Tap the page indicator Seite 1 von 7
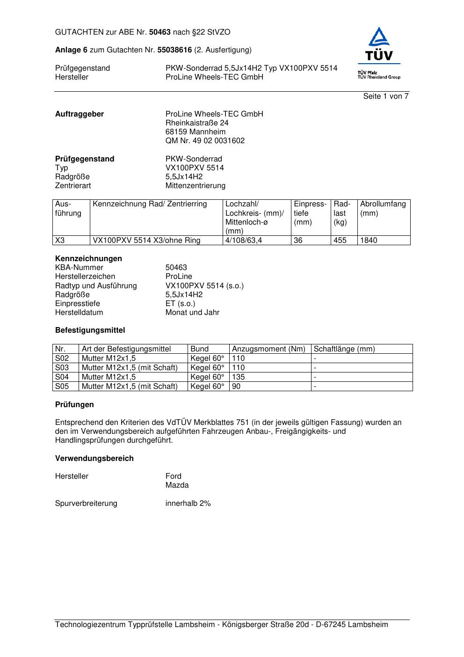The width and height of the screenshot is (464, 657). pyautogui.click(x=385, y=96)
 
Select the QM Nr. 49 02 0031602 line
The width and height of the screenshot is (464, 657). pyautogui.click(x=205, y=141)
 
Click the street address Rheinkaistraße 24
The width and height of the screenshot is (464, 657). pyautogui.click(x=197, y=123)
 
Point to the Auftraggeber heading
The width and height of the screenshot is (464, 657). pyautogui.click(x=80, y=114)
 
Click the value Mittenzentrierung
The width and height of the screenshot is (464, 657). pyautogui.click(x=195, y=186)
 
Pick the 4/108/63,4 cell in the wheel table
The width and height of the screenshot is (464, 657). pyautogui.click(x=244, y=241)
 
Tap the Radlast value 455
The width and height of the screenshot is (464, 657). pyautogui.click(x=340, y=241)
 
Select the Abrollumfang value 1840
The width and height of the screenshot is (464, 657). pyautogui.click(x=369, y=241)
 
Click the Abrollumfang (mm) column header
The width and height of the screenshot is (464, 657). pyautogui.click(x=383, y=209)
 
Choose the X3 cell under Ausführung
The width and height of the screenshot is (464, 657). pyautogui.click(x=60, y=241)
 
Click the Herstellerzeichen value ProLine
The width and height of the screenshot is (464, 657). pyautogui.click(x=179, y=277)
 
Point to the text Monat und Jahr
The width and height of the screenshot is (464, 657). pyautogui.click(x=192, y=313)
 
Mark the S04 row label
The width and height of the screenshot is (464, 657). pyautogui.click(x=62, y=377)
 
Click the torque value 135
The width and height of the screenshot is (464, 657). pyautogui.click(x=239, y=377)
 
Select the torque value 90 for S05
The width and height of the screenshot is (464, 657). pyautogui.click(x=236, y=387)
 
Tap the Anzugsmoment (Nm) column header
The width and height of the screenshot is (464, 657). pyautogui.click(x=268, y=349)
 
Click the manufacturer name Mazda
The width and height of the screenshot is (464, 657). pyautogui.click(x=177, y=485)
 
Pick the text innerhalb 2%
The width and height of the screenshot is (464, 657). pyautogui.click(x=188, y=504)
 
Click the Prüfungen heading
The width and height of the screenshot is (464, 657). pyautogui.click(x=74, y=405)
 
